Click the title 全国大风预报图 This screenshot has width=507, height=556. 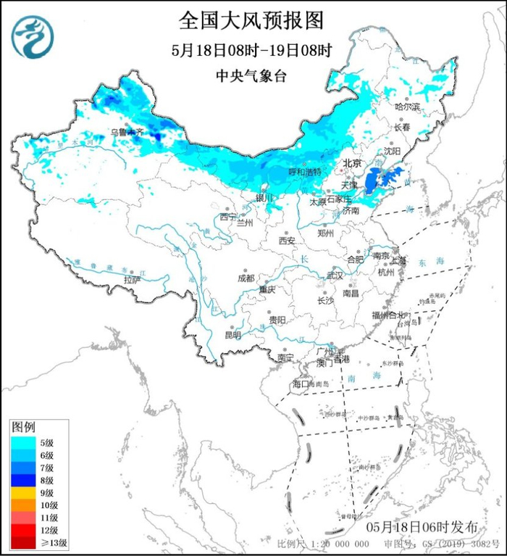tap(251, 20)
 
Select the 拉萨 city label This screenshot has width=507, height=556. tap(131, 279)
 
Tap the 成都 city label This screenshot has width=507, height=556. tap(246, 278)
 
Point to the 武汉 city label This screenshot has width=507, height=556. tap(334, 275)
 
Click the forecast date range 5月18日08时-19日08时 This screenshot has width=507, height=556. tap(251, 51)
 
